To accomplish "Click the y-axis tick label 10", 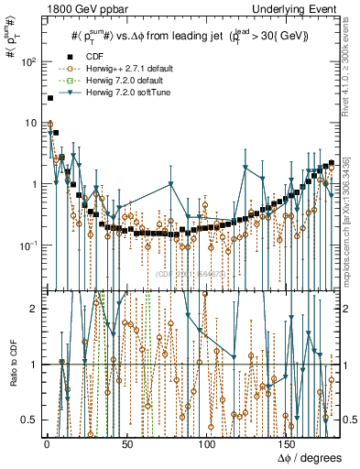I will tap(32, 124).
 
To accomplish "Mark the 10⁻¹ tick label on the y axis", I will tap(29, 245).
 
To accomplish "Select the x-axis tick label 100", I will tap(209, 443).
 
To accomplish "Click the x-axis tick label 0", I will tap(47, 443).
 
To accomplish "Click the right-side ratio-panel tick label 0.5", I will tap(349, 419).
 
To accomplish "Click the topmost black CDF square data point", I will tap(49, 98).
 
